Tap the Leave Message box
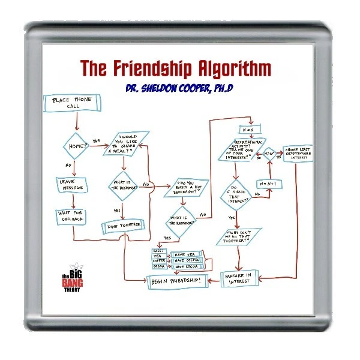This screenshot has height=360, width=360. coord(73,184)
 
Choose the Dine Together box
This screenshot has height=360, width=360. coord(124,225)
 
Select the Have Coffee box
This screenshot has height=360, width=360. coord(188,260)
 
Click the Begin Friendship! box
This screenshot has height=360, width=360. coord(178,281)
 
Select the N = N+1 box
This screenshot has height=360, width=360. coord(270,183)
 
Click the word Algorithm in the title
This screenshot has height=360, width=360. coord(222,66)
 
